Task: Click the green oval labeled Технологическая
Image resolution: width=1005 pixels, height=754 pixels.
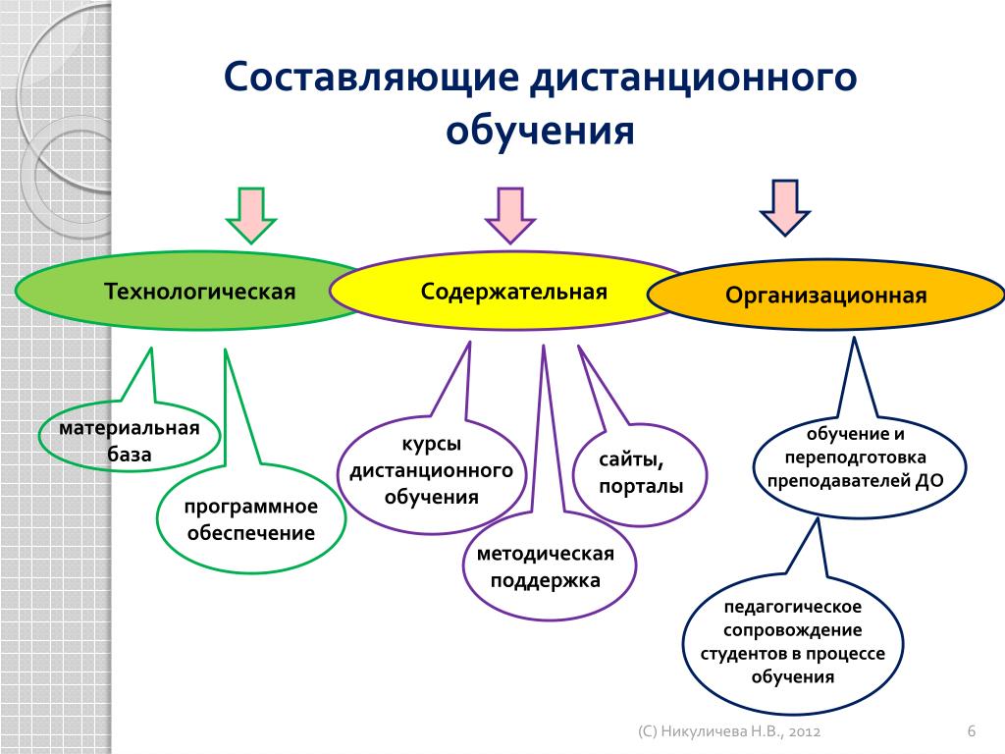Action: tap(186, 292)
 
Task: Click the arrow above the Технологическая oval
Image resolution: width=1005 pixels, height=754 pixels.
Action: tap(252, 214)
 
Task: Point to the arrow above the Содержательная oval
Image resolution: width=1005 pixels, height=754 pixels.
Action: tap(510, 214)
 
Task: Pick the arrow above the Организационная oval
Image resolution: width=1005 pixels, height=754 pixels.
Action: tap(785, 206)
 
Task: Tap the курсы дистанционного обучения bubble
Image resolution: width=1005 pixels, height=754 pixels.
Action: tap(432, 472)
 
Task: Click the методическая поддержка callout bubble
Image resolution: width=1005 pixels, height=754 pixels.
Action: tap(546, 567)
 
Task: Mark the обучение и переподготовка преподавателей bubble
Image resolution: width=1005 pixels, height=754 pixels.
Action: tap(854, 458)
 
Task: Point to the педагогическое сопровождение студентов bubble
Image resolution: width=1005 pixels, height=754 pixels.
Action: tap(793, 640)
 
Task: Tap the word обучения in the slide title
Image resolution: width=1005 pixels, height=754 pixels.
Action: tap(541, 130)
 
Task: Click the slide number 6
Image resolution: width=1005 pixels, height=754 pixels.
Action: tap(971, 731)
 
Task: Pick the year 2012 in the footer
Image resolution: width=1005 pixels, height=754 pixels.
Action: tap(802, 732)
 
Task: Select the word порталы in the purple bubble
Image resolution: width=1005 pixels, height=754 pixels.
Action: tap(641, 487)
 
